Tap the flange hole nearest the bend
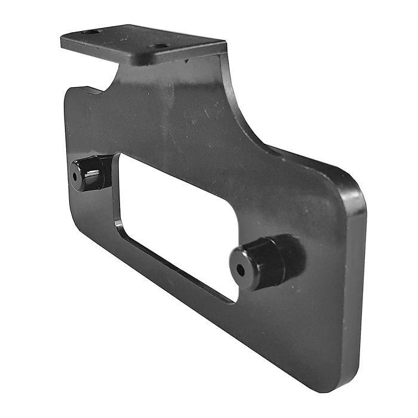click(160, 45)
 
